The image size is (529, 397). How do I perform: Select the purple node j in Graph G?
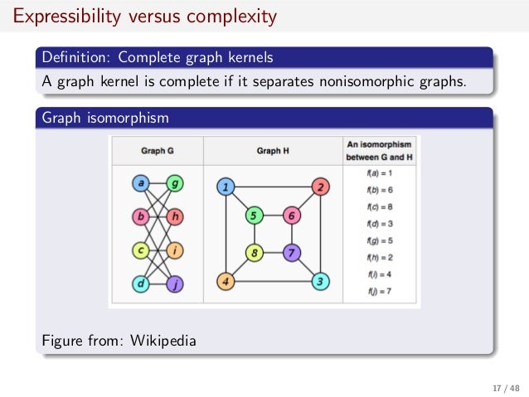[x=175, y=284]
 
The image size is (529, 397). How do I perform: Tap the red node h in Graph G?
[x=175, y=217]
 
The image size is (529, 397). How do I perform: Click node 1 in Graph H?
[x=225, y=187]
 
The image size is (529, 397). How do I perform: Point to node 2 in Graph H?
[x=320, y=186]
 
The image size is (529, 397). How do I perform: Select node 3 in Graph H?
[x=320, y=282]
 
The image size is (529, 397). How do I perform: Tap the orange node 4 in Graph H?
[x=225, y=282]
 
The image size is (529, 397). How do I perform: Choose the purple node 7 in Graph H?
[x=290, y=252]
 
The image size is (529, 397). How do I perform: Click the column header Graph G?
[x=158, y=151]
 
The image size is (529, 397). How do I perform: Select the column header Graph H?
[x=273, y=151]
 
